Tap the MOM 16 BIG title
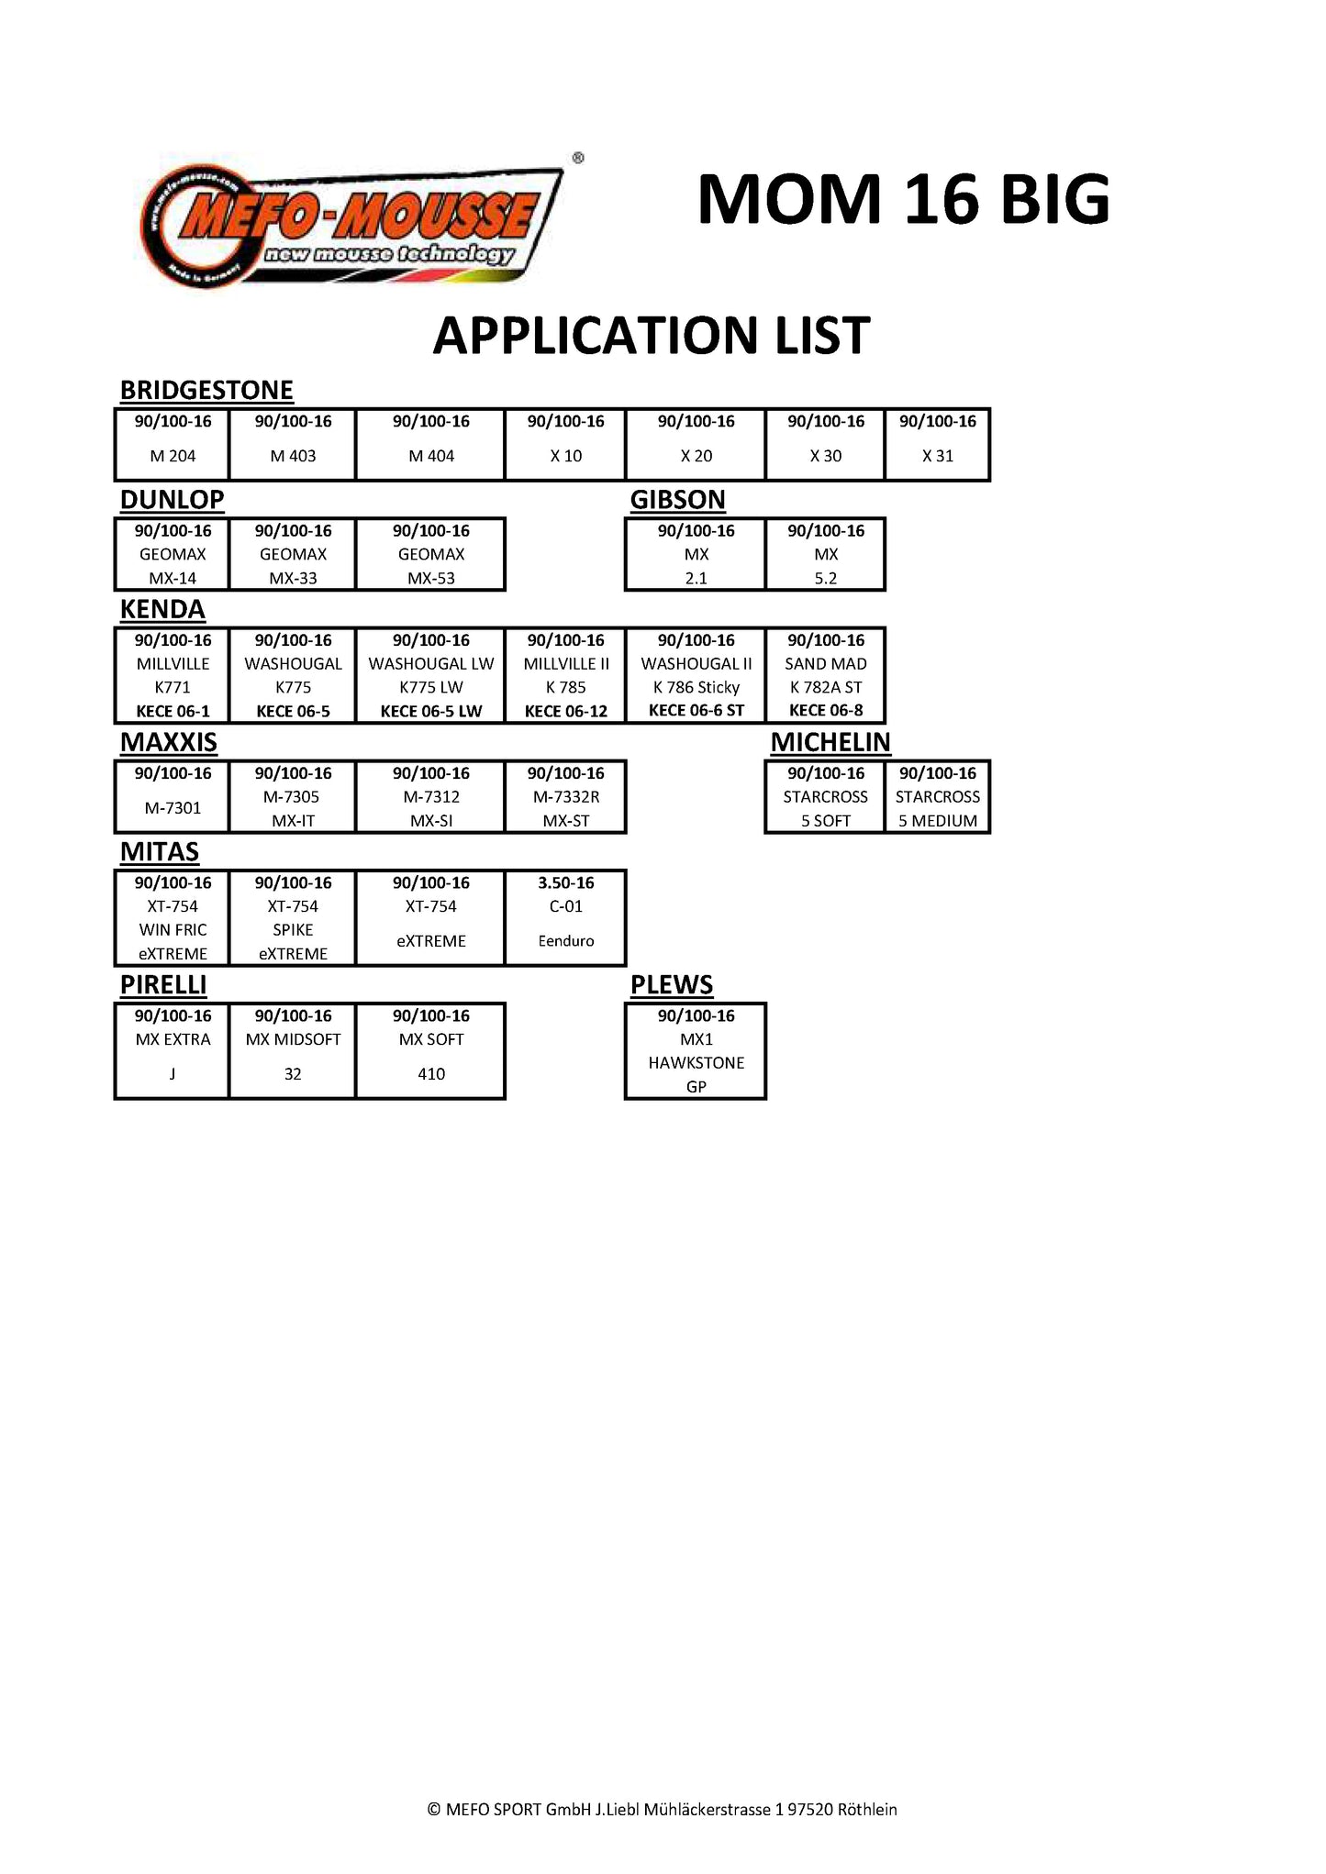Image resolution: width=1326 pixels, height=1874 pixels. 903,199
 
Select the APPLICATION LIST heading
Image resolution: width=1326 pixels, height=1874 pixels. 651,336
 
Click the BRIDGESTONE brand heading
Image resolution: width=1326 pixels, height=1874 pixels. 206,391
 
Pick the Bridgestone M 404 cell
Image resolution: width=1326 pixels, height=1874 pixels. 430,444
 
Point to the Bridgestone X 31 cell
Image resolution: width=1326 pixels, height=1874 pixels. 937,444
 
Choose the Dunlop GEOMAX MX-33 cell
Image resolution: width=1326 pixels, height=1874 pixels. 293,554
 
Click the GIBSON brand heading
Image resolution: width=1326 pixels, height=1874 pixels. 677,500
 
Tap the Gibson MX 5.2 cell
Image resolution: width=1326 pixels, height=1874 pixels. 825,554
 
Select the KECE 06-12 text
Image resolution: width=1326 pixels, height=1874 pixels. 566,711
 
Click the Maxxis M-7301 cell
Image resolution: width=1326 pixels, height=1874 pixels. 173,796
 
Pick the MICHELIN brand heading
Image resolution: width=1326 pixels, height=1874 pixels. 830,742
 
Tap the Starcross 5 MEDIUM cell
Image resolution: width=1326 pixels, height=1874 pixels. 937,796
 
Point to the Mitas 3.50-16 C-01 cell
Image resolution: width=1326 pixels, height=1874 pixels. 566,917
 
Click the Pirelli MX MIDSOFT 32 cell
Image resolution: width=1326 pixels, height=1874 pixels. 293,1050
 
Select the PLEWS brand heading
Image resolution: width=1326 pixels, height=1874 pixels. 671,985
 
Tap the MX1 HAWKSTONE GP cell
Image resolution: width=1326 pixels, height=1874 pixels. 696,1050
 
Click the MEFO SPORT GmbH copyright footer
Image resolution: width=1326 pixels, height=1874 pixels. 662,1810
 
